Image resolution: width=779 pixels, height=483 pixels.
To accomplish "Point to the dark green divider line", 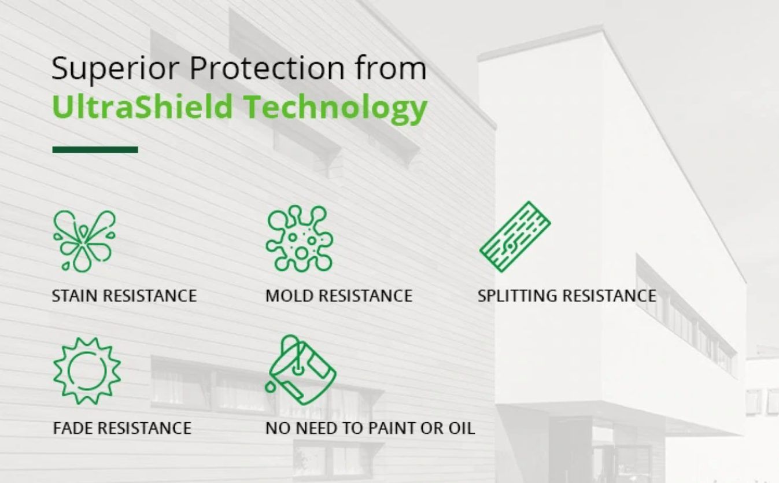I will point(95,149).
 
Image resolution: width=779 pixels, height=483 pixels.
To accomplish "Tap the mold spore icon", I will point(300,238).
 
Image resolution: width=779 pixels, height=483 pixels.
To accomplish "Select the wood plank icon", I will point(515,236).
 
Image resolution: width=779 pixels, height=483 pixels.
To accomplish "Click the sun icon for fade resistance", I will point(87,370).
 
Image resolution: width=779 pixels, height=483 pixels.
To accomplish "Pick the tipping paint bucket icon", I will point(301,370).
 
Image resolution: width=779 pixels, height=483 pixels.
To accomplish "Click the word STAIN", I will point(72,296).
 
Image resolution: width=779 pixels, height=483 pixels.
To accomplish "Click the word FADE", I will point(72,428).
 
